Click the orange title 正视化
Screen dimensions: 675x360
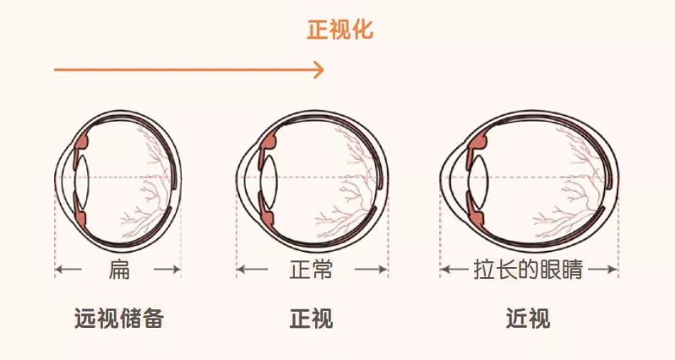pyautogui.click(x=340, y=31)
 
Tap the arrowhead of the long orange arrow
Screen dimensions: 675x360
pyautogui.click(x=319, y=69)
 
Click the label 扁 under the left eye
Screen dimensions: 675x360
pyautogui.click(x=118, y=270)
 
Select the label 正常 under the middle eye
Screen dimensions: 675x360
pyautogui.click(x=310, y=270)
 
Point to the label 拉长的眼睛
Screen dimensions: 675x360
pyautogui.click(x=529, y=270)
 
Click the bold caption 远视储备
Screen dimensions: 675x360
pyautogui.click(x=118, y=319)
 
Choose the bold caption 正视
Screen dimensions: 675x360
pyautogui.click(x=311, y=319)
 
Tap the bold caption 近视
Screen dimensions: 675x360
pyautogui.click(x=528, y=319)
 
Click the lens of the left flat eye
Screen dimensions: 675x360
pyautogui.click(x=82, y=178)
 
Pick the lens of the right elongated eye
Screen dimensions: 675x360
pyautogui.click(x=475, y=178)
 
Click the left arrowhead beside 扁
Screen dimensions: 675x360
pyautogui.click(x=59, y=270)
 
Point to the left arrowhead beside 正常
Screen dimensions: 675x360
pyautogui.click(x=241, y=270)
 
